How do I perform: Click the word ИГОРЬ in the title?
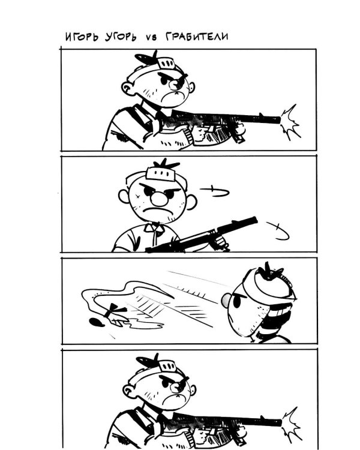pos(82,37)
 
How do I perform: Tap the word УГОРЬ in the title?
pos(121,37)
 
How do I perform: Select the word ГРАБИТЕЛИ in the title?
pos(197,37)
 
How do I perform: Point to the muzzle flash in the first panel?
pos(290,122)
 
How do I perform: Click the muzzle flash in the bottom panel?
pos(292,424)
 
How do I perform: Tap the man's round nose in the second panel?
pos(159,199)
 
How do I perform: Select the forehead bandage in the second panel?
pos(160,173)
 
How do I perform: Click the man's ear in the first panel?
pos(127,86)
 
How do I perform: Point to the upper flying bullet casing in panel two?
pos(215,192)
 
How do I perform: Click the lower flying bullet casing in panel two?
pos(278,231)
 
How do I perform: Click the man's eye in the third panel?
pos(237,301)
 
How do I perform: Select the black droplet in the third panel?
pos(97,323)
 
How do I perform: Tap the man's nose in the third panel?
pos(226,300)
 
